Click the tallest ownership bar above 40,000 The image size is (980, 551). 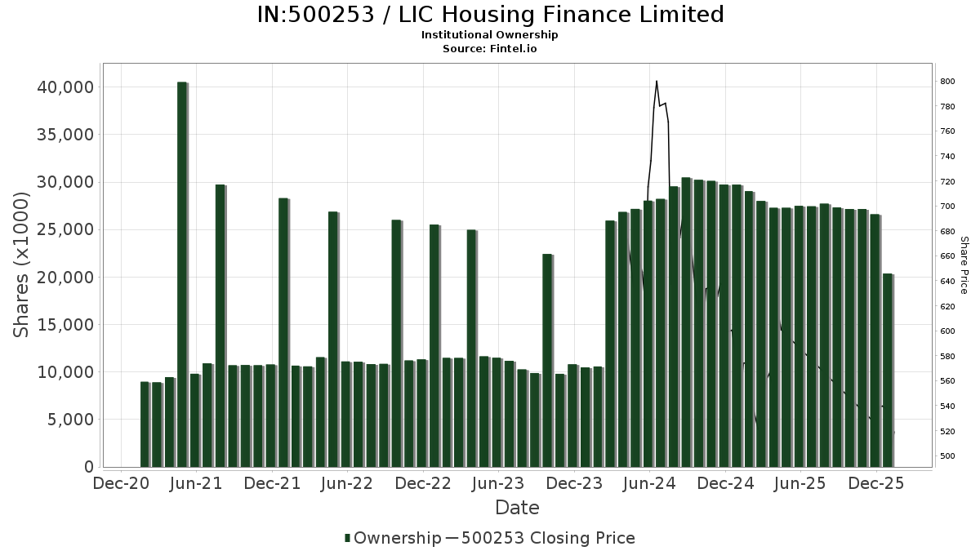pos(182,273)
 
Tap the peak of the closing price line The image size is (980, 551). pos(656,81)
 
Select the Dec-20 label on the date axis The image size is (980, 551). pos(120,483)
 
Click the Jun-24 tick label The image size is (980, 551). pos(651,483)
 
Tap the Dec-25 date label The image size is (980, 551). pos(876,483)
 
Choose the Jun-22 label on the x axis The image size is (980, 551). pos(347,483)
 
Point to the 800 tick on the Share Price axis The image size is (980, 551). pos(947,82)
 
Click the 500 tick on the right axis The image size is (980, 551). pos(947,455)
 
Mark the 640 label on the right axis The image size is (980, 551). pos(947,282)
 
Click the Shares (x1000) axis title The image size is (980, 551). pos(23,264)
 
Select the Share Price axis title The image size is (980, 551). pos(964,264)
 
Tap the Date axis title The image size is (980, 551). pos(517,508)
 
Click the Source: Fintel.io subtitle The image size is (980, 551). pos(490,48)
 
